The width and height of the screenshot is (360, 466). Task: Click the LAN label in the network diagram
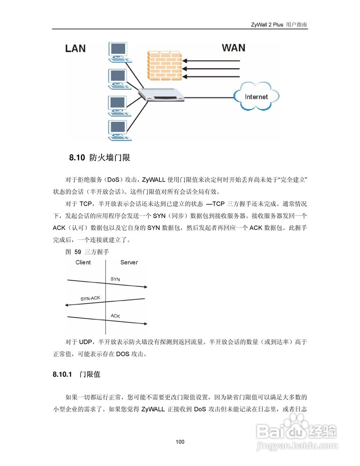click(75, 48)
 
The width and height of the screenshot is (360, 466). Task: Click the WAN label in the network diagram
click(233, 48)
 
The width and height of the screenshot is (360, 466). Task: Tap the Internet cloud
click(256, 96)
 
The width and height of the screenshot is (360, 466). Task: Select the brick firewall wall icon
click(164, 65)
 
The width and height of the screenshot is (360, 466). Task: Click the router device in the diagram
click(161, 95)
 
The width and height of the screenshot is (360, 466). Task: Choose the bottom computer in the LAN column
click(119, 130)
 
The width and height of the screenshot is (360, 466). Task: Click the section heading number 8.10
click(77, 158)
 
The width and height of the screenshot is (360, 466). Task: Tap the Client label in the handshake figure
click(83, 262)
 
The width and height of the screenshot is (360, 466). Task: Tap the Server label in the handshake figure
click(129, 262)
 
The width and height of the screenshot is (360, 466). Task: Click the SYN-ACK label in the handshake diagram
click(90, 299)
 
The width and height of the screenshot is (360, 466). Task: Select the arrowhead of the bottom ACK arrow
click(146, 323)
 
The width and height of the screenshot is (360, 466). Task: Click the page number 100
click(180, 442)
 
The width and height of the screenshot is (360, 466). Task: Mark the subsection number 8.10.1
click(62, 374)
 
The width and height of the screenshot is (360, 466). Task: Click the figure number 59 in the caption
click(78, 252)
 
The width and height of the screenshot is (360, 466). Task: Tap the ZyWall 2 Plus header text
click(267, 25)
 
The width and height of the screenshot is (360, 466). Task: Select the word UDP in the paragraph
click(86, 342)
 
